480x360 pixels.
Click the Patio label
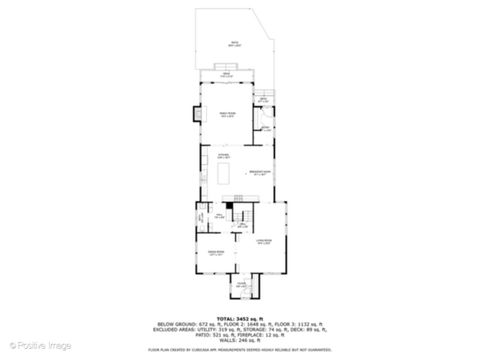coord(235,43)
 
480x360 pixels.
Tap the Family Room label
coord(226,115)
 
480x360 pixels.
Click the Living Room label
coord(264,242)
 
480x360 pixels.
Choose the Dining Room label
coord(215,252)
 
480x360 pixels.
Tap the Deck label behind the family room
coord(227,75)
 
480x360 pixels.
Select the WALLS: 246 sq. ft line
coord(240,339)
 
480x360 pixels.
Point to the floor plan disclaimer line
coord(240,349)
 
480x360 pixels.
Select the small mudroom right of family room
coord(265,128)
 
